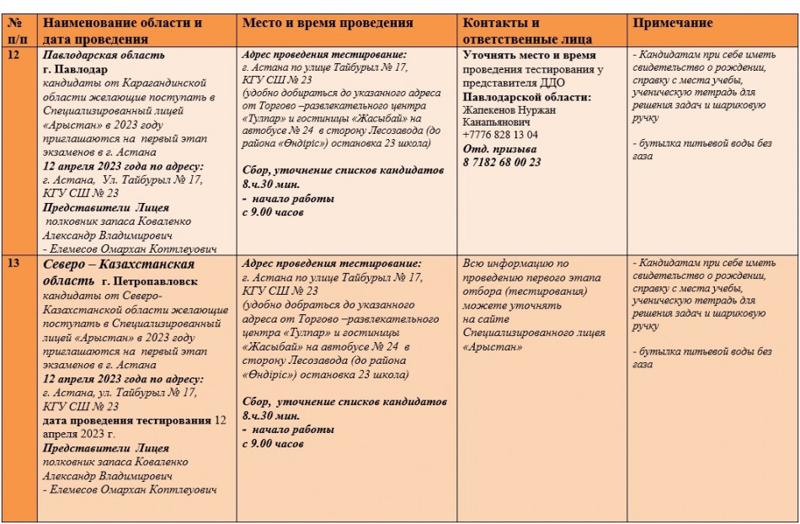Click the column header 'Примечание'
(673, 23)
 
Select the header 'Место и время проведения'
(327, 23)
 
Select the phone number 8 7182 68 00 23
(502, 162)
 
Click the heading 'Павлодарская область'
(104, 55)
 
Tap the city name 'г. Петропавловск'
(150, 280)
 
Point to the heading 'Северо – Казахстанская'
(119, 265)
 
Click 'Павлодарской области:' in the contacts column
(526, 96)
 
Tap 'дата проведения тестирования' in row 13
(127, 420)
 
